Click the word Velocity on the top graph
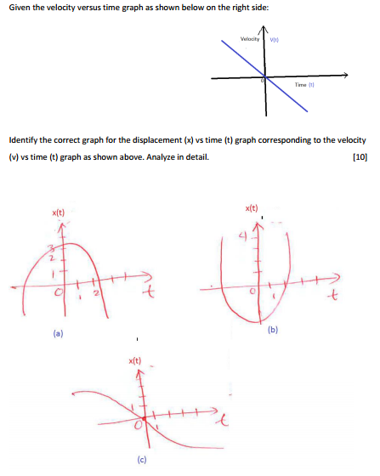(250, 40)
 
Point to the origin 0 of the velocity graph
(263, 78)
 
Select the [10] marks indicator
(359, 156)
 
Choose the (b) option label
(272, 329)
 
